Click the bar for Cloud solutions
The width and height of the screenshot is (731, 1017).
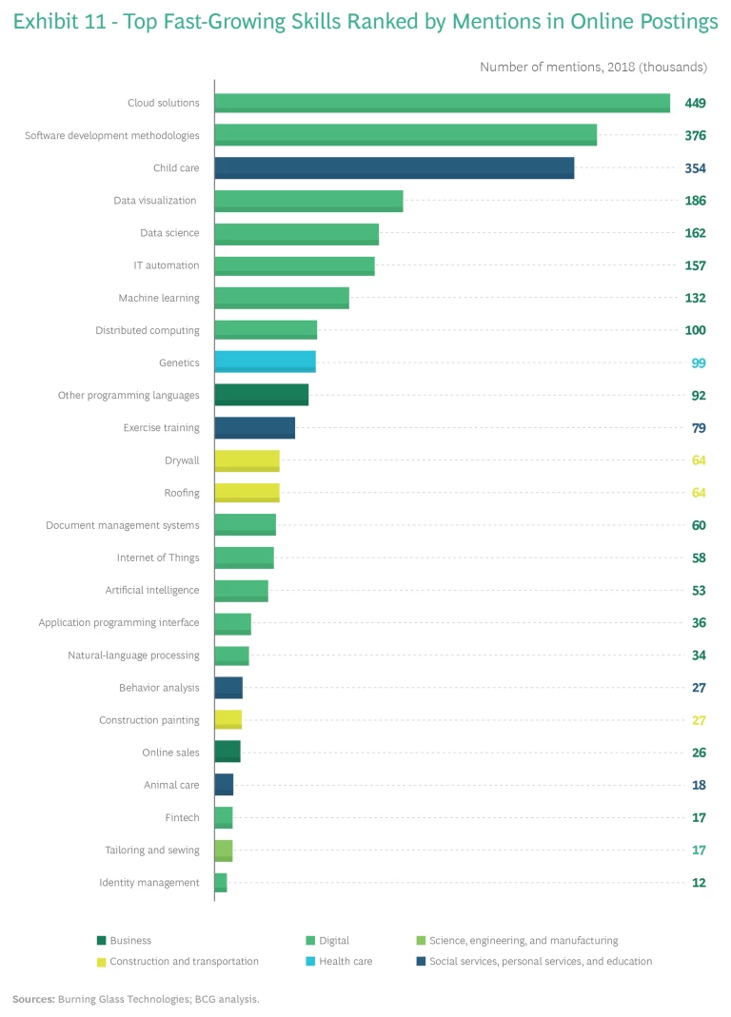(x=442, y=103)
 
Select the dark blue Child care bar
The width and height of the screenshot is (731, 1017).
(x=394, y=168)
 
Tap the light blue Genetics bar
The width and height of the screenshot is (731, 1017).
(x=265, y=362)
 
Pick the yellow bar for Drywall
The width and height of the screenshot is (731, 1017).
(x=247, y=460)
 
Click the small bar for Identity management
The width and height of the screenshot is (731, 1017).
(x=221, y=883)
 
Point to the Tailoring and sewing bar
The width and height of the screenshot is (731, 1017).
(x=224, y=851)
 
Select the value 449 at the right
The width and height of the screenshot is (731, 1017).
(x=695, y=103)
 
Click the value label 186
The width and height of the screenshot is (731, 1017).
(x=695, y=201)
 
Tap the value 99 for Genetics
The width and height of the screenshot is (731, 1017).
(x=699, y=363)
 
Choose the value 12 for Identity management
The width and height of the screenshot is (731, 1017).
(x=699, y=883)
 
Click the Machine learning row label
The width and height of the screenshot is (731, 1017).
(x=159, y=298)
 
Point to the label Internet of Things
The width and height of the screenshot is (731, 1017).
(x=158, y=557)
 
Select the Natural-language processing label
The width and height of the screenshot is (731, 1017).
(x=133, y=655)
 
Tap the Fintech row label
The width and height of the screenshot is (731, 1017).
(x=182, y=818)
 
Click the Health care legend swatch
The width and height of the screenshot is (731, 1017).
(x=310, y=961)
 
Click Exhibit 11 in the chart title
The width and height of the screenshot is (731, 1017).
(x=52, y=22)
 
